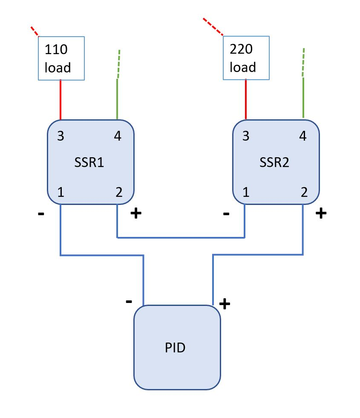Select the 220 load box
click(x=246, y=58)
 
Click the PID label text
click(x=175, y=348)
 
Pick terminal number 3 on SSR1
click(x=60, y=136)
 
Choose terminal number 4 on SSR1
click(x=118, y=136)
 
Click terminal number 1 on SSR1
click(x=60, y=193)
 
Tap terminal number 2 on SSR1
click(x=118, y=193)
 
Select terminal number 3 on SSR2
click(x=245, y=136)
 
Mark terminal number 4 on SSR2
click(x=303, y=136)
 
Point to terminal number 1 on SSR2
click(x=245, y=193)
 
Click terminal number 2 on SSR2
click(x=304, y=193)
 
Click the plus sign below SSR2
click(x=321, y=213)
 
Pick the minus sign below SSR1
click(x=41, y=214)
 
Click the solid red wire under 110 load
click(x=60, y=100)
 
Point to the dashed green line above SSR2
click(x=303, y=62)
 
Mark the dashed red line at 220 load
click(x=213, y=26)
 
